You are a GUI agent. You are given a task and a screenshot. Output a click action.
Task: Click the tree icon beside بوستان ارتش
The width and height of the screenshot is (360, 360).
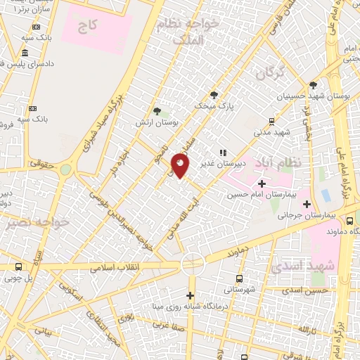coord(157,111)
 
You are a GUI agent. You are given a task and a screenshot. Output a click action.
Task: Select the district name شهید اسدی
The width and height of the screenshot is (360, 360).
coord(333,266)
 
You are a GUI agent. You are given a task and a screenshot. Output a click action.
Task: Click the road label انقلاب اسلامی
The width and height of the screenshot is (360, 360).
coord(115,267)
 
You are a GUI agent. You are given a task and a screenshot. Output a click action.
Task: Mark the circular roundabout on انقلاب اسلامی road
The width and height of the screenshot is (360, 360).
coord(192,264)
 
